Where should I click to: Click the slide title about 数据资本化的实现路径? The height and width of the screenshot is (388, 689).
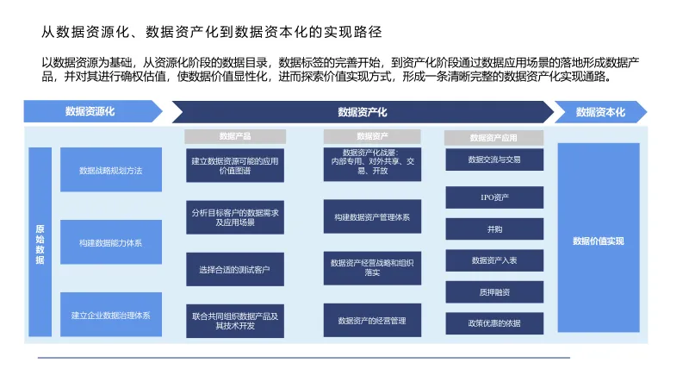(212, 32)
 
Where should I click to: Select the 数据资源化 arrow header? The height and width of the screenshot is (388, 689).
(90, 111)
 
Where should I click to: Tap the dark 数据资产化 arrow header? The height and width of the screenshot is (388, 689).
(362, 112)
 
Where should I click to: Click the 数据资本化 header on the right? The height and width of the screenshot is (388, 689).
(599, 112)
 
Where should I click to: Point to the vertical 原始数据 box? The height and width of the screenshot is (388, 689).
(40, 243)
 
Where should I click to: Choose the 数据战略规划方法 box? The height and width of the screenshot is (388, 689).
(110, 170)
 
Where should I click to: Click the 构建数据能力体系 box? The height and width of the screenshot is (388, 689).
(110, 243)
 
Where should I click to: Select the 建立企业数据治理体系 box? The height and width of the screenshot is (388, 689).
(110, 316)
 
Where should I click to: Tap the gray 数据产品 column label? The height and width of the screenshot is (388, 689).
(235, 136)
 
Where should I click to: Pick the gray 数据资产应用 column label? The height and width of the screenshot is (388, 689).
(493, 137)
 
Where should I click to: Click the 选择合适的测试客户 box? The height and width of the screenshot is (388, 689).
(234, 270)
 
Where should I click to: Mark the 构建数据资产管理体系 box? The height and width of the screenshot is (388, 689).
(372, 216)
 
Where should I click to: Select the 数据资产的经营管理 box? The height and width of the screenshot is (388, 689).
(372, 321)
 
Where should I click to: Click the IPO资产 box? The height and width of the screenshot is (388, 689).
(494, 197)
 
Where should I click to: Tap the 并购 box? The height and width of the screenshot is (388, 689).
(494, 229)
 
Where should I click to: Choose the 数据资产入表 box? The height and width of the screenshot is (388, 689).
(494, 260)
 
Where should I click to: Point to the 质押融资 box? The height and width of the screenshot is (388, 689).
(494, 292)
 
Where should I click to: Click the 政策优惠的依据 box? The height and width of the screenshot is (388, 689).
(494, 323)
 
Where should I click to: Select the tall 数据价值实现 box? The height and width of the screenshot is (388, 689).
(598, 241)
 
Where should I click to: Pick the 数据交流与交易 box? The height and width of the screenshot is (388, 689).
(494, 160)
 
